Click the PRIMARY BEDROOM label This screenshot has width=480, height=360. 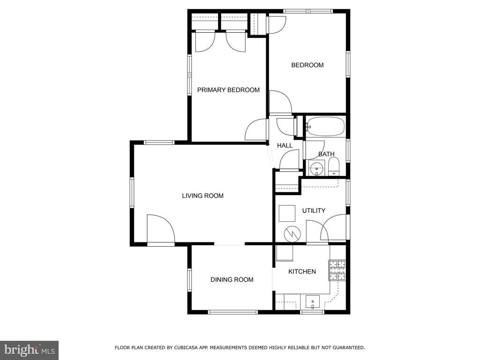coord(228,90)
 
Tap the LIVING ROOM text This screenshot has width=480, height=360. coord(202,195)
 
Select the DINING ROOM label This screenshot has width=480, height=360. coord(232,279)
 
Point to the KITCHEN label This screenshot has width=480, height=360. coord(302,271)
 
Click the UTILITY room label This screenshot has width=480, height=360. coord(314,210)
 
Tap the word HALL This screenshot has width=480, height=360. coord(285,145)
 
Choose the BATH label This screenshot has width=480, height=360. coord(326,154)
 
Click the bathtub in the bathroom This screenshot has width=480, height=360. coord(325,127)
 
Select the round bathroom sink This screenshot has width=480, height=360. coord(316,168)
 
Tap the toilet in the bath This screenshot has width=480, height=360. coord(333,167)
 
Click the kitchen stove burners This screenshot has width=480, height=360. coord(337,270)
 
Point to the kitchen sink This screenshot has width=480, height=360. coord(313,302)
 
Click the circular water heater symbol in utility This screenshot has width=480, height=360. coord(292,234)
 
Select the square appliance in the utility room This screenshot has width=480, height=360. coord(287,213)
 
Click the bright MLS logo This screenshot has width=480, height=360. coord(30,350)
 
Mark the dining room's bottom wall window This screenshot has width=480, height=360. coord(232,312)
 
